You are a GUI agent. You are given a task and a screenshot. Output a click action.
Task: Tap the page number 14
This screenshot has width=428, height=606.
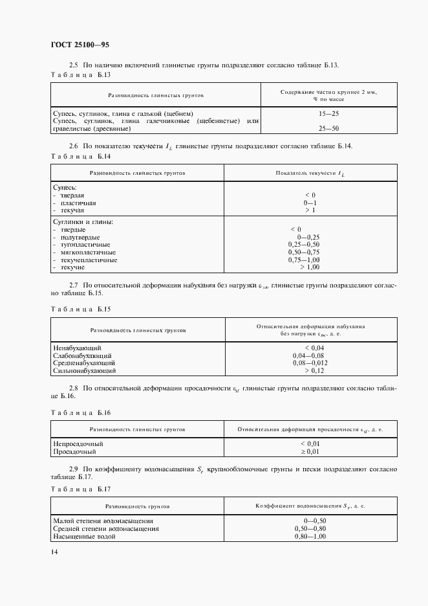[x=54, y=552]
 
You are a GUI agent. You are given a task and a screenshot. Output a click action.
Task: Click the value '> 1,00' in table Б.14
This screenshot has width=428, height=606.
[x=306, y=267]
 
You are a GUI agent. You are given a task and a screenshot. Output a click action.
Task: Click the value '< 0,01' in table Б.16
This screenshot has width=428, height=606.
[x=310, y=443]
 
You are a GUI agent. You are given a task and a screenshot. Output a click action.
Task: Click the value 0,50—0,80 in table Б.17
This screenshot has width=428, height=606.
[x=310, y=529]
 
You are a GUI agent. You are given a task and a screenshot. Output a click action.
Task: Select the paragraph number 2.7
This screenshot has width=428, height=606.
[x=73, y=284]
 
